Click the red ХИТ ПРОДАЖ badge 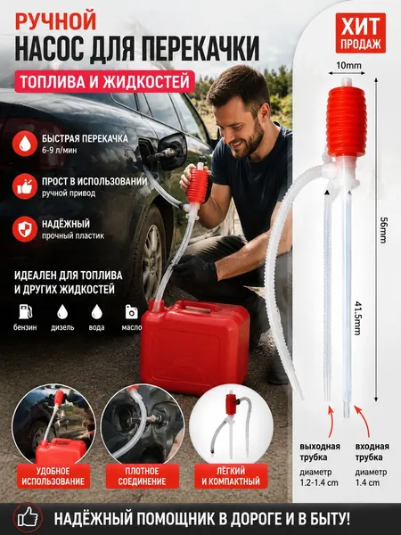coord(360,33)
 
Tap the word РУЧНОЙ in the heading coord(55,21)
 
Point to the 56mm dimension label coord(383,230)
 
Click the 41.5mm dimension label coord(357,318)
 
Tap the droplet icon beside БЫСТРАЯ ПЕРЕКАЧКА coord(25,144)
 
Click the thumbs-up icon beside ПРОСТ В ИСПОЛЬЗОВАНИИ coord(25,186)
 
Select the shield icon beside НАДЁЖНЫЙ coord(25,229)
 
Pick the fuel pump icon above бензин coord(26,311)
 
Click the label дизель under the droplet coord(62,327)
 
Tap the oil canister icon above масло coord(132,311)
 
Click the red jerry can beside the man coord(194,345)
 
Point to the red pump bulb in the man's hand coord(199,185)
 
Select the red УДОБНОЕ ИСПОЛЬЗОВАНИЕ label coord(53,476)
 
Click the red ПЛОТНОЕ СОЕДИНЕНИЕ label coord(143,476)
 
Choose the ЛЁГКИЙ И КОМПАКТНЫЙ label coord(231,476)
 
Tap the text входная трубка coord(372,452)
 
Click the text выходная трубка coord(320,452)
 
